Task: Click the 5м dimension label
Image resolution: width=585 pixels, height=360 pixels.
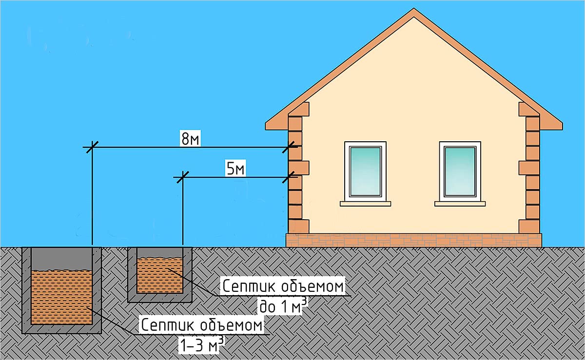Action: (x=236, y=169)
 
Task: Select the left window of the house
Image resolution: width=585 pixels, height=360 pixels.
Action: (x=365, y=171)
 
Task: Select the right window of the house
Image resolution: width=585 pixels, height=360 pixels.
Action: (x=460, y=171)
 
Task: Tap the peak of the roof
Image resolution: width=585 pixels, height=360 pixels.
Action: (x=414, y=11)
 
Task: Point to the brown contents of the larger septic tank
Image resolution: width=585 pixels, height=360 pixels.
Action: (x=61, y=297)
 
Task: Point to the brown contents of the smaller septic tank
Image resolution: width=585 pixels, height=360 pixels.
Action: (x=160, y=276)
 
